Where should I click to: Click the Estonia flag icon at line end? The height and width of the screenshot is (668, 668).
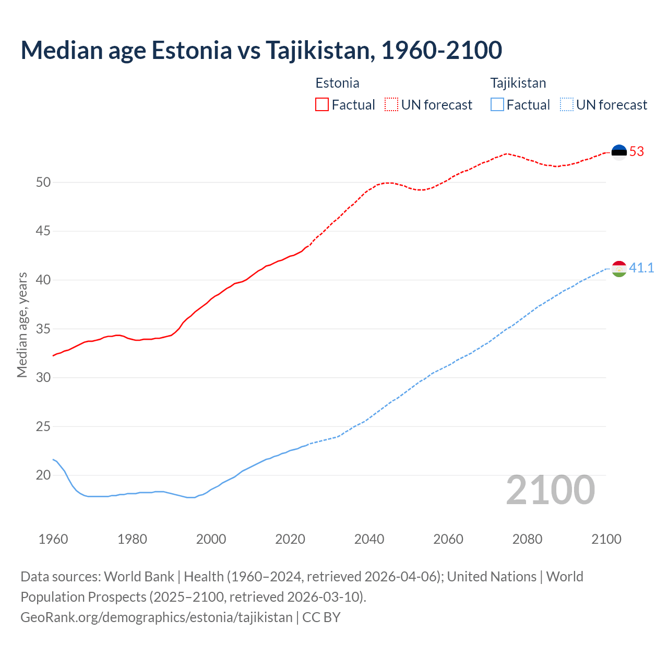(619, 152)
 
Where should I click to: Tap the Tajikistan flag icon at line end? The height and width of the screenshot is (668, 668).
(619, 269)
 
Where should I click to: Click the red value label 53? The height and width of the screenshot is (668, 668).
(637, 152)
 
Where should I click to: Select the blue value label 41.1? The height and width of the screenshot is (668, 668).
(641, 268)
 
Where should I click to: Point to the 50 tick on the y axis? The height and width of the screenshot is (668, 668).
(43, 183)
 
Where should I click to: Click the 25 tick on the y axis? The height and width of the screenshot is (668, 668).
(43, 426)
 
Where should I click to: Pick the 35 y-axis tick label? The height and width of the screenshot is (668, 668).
(43, 329)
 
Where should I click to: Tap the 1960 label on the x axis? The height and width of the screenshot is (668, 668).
(53, 539)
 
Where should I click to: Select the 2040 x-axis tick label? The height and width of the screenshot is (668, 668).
(369, 539)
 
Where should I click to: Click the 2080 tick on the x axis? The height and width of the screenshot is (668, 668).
(527, 539)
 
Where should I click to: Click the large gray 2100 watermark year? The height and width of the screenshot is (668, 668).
(551, 490)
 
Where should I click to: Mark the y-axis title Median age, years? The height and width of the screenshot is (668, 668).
(22, 325)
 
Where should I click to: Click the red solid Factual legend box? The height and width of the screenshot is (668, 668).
(322, 104)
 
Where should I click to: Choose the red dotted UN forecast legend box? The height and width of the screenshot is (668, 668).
(391, 104)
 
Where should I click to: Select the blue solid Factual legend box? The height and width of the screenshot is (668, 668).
(497, 104)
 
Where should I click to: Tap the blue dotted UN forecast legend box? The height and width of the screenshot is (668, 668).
(567, 104)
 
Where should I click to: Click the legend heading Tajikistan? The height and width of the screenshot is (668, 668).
(518, 83)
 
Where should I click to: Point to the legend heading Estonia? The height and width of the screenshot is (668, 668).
(337, 83)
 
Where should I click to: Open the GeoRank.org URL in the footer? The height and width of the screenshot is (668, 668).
(157, 617)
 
